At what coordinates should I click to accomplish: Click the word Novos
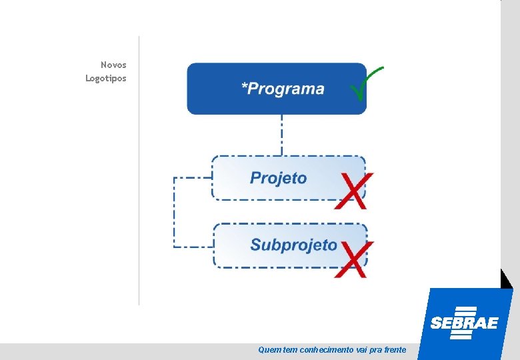(113, 65)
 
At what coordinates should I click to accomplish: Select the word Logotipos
(105, 78)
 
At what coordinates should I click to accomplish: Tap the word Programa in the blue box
(287, 89)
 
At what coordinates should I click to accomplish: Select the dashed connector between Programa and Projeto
(281, 135)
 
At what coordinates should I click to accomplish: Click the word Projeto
(279, 178)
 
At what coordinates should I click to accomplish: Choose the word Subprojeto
(293, 245)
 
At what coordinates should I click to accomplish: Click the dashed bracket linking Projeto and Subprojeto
(175, 213)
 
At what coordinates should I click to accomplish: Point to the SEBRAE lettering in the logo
(464, 323)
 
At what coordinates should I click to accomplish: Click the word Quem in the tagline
(269, 349)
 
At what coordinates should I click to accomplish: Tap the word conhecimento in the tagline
(327, 349)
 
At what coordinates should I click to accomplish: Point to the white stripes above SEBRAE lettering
(464, 311)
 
